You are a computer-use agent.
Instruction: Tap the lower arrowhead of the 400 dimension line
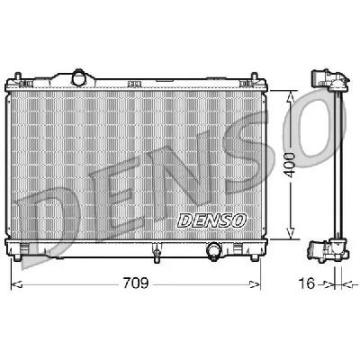[290, 238]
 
